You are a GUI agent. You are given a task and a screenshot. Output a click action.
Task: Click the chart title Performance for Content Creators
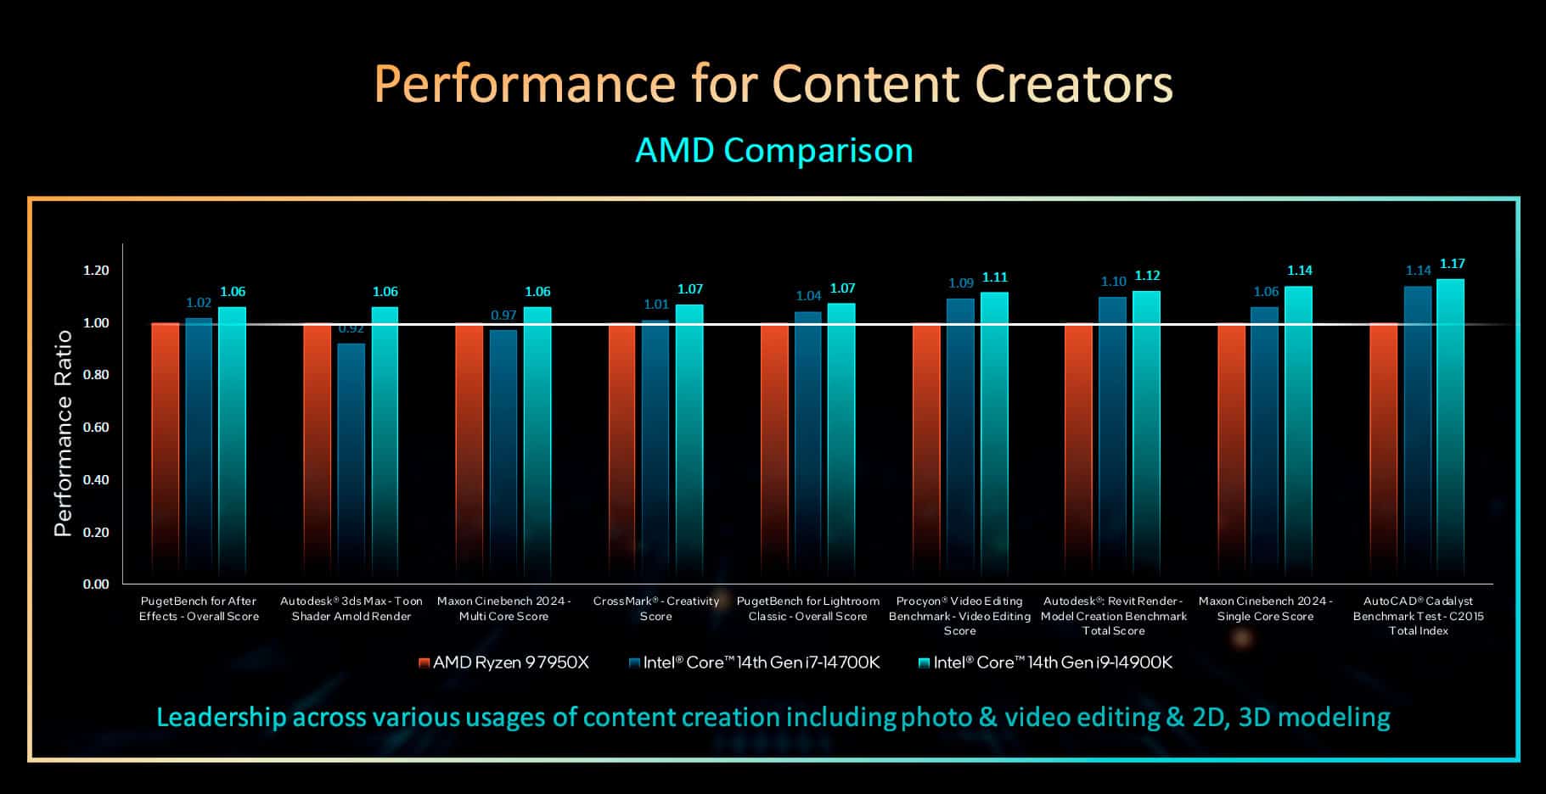click(x=773, y=83)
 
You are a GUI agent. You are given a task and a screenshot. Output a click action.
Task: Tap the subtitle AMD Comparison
click(x=773, y=150)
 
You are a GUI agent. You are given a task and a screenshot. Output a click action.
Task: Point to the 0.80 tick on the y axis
click(x=96, y=375)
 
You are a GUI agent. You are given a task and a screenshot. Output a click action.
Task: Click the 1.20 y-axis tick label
click(x=96, y=271)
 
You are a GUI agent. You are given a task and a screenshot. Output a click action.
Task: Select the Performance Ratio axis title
click(x=63, y=433)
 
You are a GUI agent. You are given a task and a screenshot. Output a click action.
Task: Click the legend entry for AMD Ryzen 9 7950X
click(x=503, y=663)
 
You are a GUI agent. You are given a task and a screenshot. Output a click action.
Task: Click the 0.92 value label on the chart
click(x=351, y=329)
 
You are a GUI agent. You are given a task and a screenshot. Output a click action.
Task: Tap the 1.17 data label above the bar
click(x=1452, y=264)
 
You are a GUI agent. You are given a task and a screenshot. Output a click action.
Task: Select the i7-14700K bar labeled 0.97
click(x=503, y=450)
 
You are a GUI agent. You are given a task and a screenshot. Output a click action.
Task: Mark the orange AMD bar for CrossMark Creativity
click(x=621, y=450)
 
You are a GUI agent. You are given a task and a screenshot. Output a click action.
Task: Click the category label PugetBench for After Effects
click(x=199, y=608)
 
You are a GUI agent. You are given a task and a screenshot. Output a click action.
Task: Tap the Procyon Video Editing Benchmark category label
click(x=959, y=615)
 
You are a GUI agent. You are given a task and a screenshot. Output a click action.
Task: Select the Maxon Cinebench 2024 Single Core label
click(x=1265, y=608)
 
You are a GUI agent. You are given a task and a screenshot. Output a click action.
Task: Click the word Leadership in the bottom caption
click(x=221, y=718)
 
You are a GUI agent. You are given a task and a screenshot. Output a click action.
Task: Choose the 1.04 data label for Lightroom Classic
click(x=808, y=296)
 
